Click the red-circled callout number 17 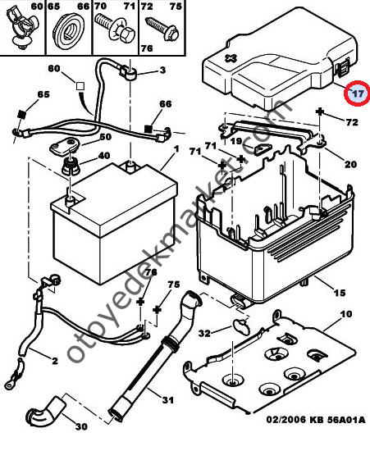pos(359,93)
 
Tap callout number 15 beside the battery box pos(339,293)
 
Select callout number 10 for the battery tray pos(346,314)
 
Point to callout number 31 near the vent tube pos(167,400)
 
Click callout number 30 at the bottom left pos(81,426)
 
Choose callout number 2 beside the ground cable pos(55,361)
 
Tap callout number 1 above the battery pos(176,148)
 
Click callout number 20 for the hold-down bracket pos(350,164)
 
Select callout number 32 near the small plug pos(204,334)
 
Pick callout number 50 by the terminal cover pos(105,137)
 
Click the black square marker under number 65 pos(22,114)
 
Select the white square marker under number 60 pos(80,86)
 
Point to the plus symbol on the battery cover pos(231,58)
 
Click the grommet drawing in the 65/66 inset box pos(68,31)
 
